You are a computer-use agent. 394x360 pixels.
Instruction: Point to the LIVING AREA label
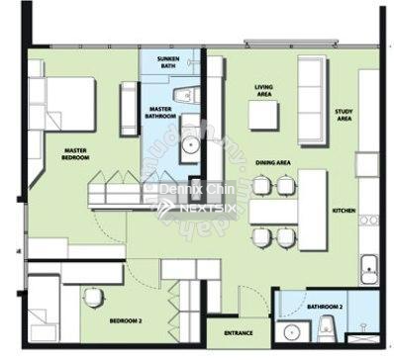263,90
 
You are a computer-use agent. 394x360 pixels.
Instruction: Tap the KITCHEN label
344,211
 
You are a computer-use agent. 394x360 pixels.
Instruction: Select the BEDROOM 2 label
124,321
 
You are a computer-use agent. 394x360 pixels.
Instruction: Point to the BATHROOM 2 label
325,308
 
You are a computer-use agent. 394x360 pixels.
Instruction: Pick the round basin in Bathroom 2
290,332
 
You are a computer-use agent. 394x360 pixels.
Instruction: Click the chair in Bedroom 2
93,297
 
